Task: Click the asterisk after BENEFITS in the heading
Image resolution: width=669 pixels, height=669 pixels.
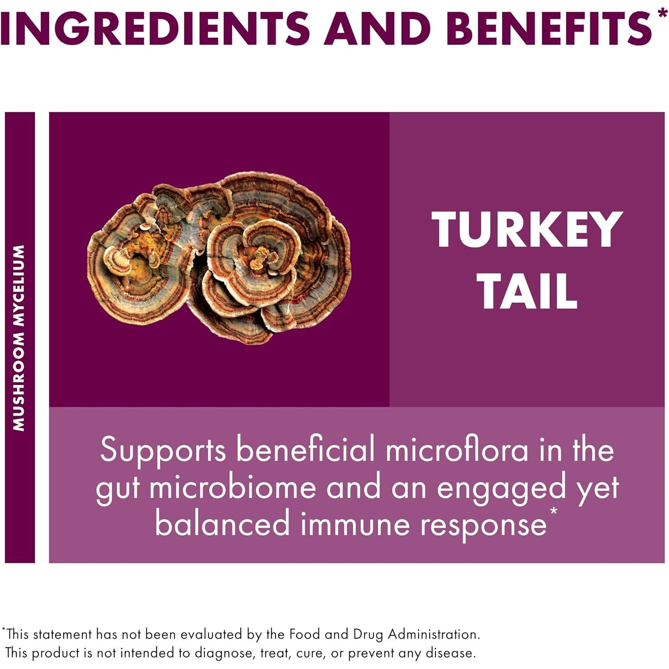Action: [x=662, y=13]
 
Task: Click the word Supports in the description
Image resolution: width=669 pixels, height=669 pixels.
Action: [x=163, y=450]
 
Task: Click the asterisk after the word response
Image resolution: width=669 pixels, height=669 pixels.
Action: [x=553, y=511]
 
